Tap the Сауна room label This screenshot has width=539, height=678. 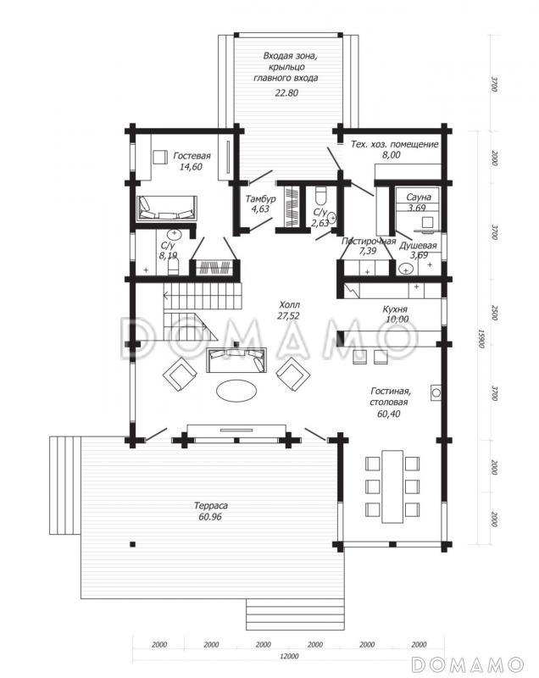point(416,196)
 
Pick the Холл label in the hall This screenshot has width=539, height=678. point(289,304)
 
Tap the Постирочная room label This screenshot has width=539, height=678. point(369,242)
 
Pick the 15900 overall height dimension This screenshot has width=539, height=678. point(481,339)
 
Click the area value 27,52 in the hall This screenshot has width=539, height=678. point(289,315)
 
